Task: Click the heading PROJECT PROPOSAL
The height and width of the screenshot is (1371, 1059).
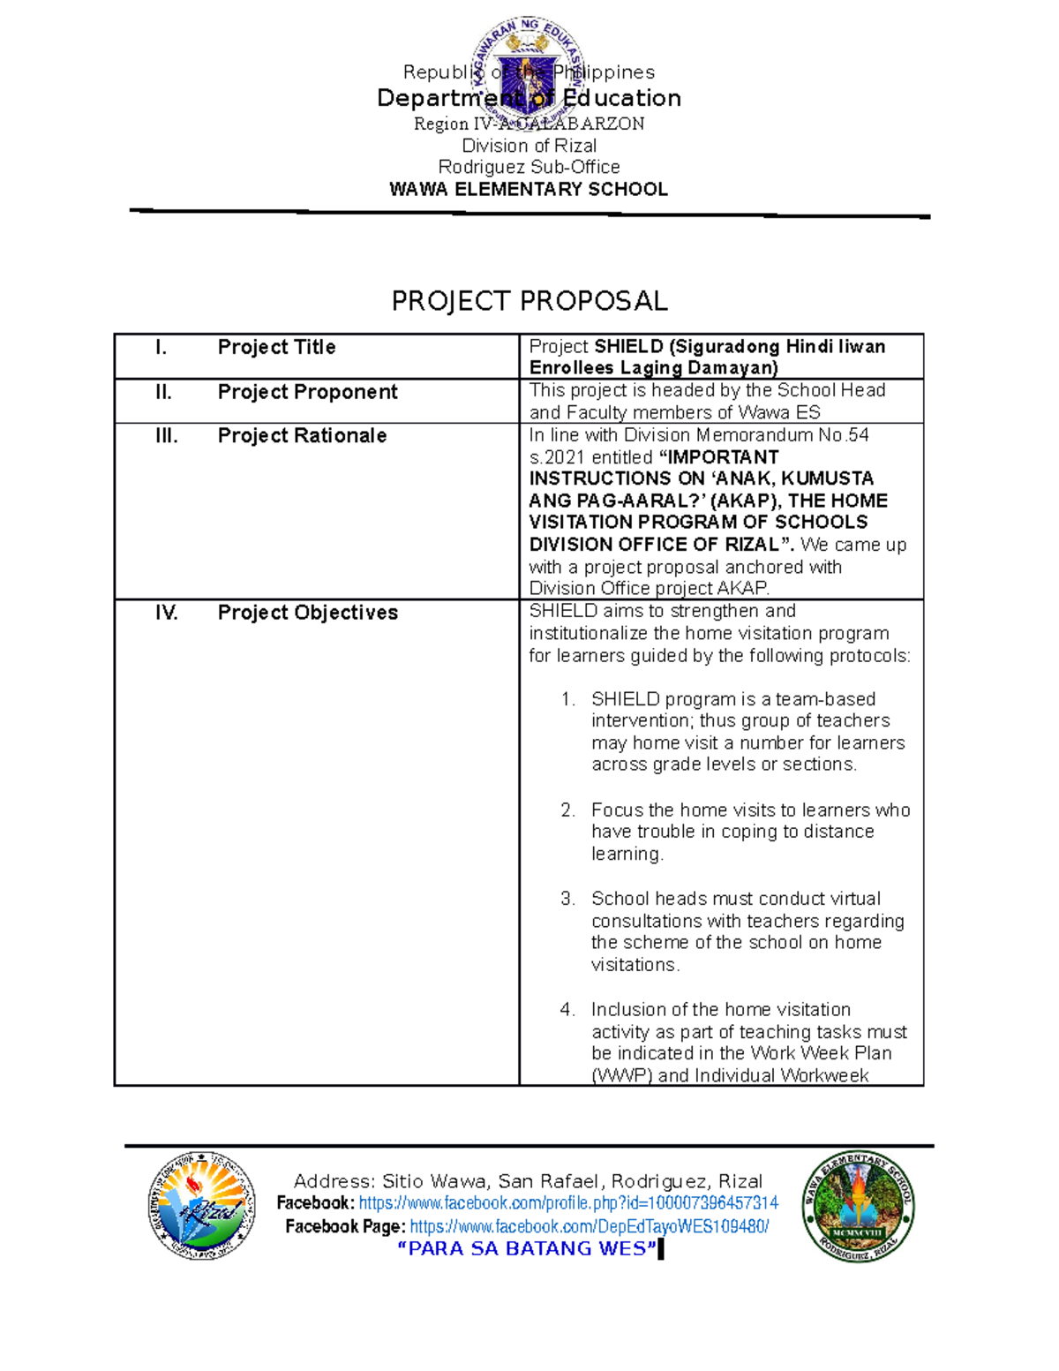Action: click(x=529, y=301)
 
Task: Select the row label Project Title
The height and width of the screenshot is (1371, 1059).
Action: click(x=276, y=347)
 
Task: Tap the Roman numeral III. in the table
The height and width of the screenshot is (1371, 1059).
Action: click(x=166, y=435)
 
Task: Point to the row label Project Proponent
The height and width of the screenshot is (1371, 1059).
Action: click(x=307, y=391)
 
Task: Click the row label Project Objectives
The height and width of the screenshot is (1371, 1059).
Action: click(x=307, y=612)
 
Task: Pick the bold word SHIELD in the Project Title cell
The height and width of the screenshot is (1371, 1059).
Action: click(x=629, y=346)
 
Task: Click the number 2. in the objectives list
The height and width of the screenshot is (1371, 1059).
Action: click(x=567, y=810)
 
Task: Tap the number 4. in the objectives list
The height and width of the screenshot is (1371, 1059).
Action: click(x=567, y=1009)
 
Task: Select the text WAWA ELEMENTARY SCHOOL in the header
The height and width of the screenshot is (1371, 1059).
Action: click(x=529, y=189)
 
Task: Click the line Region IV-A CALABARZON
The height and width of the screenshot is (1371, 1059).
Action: click(x=529, y=124)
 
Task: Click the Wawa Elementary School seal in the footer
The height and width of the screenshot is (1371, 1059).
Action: click(x=859, y=1206)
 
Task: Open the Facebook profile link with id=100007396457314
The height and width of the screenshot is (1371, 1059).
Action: click(x=568, y=1202)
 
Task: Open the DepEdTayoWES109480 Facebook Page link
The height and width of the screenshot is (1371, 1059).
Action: click(x=590, y=1226)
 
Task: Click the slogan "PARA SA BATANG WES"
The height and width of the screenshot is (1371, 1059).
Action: click(x=528, y=1248)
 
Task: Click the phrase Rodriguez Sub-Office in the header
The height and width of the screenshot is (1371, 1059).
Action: click(x=529, y=167)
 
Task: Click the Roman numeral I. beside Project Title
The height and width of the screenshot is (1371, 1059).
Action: click(x=161, y=347)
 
